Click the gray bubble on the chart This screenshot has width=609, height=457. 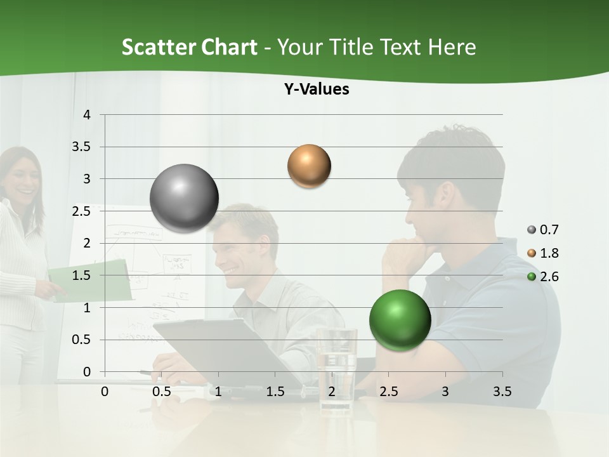[x=185, y=198]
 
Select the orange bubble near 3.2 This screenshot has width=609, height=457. [x=309, y=166]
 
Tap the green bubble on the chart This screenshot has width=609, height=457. [x=400, y=319]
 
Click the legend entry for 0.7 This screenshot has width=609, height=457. [x=543, y=230]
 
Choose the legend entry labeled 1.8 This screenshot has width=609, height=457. [x=543, y=253]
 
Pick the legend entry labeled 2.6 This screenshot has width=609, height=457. [x=543, y=276]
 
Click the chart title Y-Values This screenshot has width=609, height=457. [x=317, y=89]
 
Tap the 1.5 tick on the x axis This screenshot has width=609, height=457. [x=275, y=392]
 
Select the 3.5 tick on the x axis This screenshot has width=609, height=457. [x=502, y=392]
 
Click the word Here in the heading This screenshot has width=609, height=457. [x=452, y=47]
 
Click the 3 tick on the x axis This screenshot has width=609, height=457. [x=445, y=392]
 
